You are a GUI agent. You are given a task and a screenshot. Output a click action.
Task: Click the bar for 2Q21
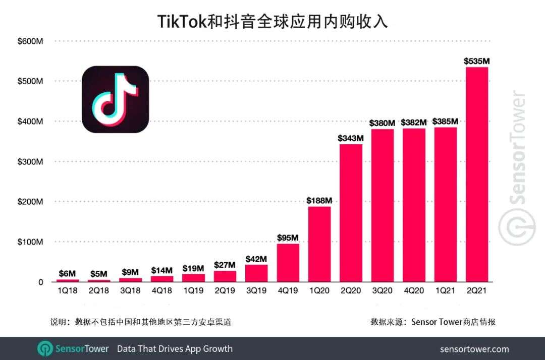(476, 174)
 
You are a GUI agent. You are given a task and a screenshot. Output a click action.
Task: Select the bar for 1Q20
(319, 244)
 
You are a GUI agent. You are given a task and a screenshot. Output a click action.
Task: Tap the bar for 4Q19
(288, 263)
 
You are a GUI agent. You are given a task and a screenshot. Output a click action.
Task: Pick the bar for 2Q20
(351, 213)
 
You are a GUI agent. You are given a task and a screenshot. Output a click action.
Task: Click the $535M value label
(476, 62)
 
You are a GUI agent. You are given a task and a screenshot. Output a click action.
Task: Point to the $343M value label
(351, 138)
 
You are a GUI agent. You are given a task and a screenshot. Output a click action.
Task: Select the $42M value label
(256, 259)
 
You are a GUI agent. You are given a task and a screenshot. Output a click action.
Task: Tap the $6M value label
(67, 273)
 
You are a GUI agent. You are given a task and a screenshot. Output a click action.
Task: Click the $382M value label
(414, 123)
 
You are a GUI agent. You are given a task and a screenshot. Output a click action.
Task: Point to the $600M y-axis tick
(30, 41)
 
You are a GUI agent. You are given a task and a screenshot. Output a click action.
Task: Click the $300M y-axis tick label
(30, 162)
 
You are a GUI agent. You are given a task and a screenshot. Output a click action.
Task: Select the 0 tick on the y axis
(41, 282)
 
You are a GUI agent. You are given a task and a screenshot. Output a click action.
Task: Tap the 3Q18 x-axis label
(130, 291)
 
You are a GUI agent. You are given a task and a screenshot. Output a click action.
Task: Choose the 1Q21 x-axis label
(445, 291)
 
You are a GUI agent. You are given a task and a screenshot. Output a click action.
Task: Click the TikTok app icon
(115, 99)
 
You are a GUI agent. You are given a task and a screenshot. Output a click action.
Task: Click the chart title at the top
(272, 22)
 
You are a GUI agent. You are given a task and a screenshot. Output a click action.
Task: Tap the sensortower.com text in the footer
(474, 349)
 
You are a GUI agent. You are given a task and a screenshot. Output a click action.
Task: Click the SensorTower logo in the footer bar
(73, 348)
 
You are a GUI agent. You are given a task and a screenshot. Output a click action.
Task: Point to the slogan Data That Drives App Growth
(175, 348)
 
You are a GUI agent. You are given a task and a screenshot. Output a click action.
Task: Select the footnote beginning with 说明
(141, 322)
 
